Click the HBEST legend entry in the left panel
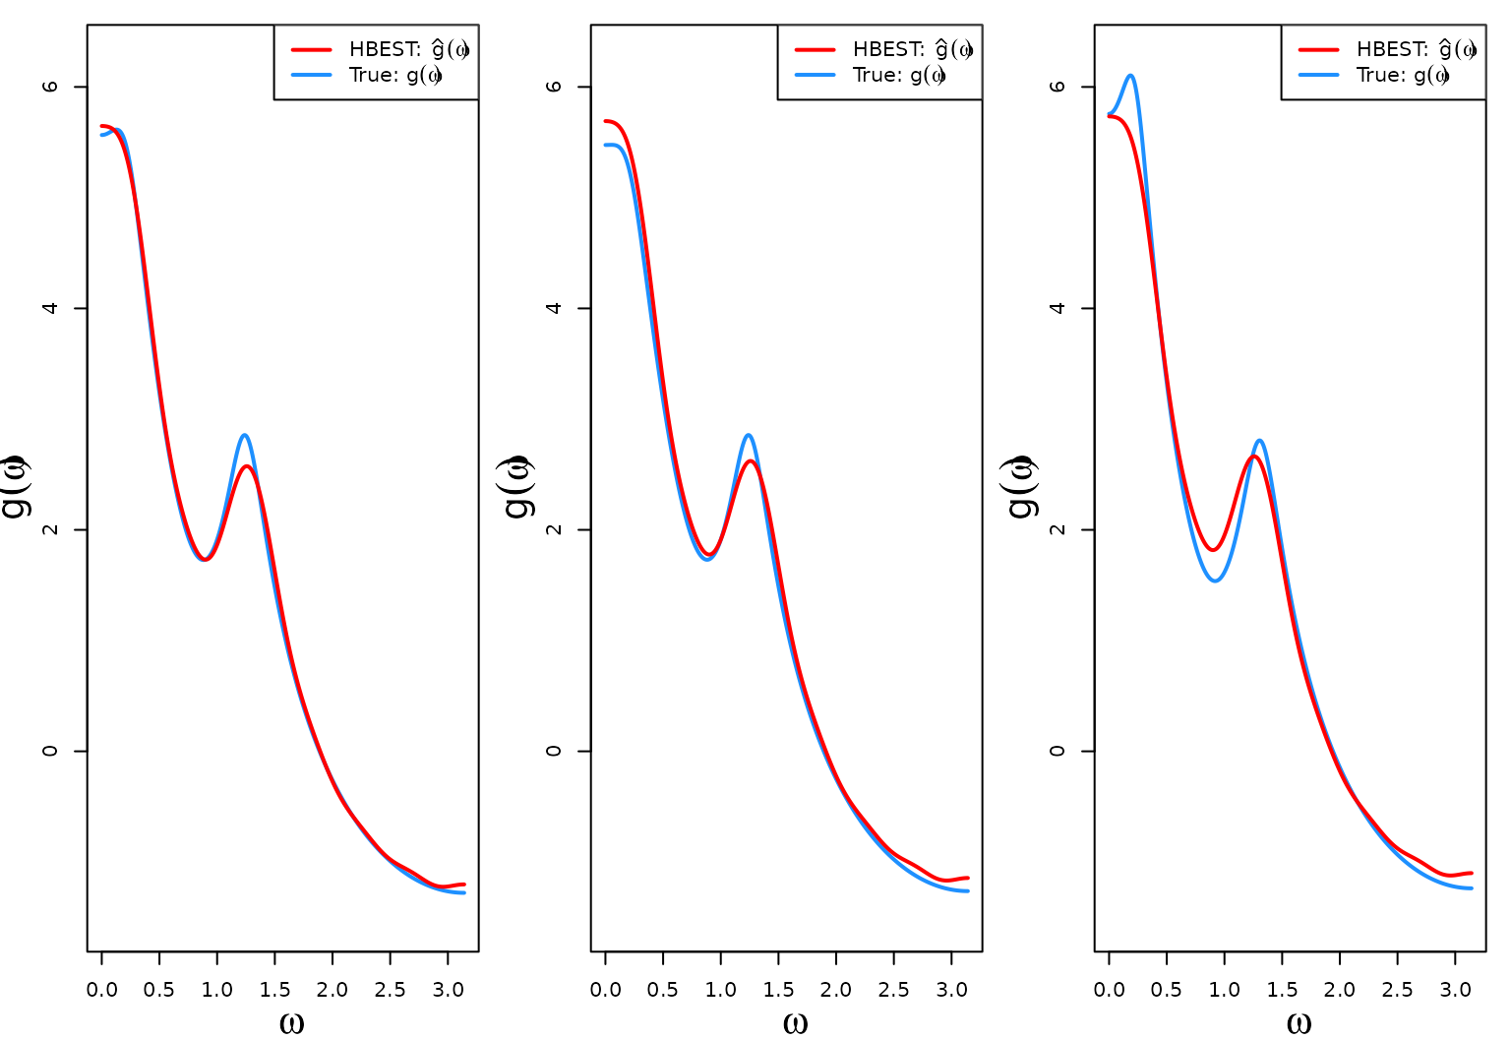coord(408,49)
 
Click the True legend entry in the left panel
coord(395,75)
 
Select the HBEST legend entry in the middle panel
coord(912,49)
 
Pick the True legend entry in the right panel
coord(1403,75)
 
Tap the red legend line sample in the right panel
coord(1318,49)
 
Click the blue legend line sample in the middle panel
coord(815,75)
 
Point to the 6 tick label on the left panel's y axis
coord(50,87)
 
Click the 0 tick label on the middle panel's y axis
coord(554,751)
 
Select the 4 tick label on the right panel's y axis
coord(1058,308)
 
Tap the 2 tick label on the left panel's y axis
coord(50,529)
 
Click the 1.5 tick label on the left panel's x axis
coord(274,990)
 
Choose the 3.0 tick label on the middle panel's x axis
coord(951,990)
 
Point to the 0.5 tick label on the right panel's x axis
coord(1167,990)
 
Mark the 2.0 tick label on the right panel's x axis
coord(1340,990)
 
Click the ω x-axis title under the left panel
coord(291,1023)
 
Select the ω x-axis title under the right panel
coord(1299,1023)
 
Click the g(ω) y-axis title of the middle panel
coord(518,486)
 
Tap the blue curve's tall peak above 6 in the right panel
coord(1130,76)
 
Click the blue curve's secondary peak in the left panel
coord(244,435)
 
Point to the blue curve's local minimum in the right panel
coord(1216,581)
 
